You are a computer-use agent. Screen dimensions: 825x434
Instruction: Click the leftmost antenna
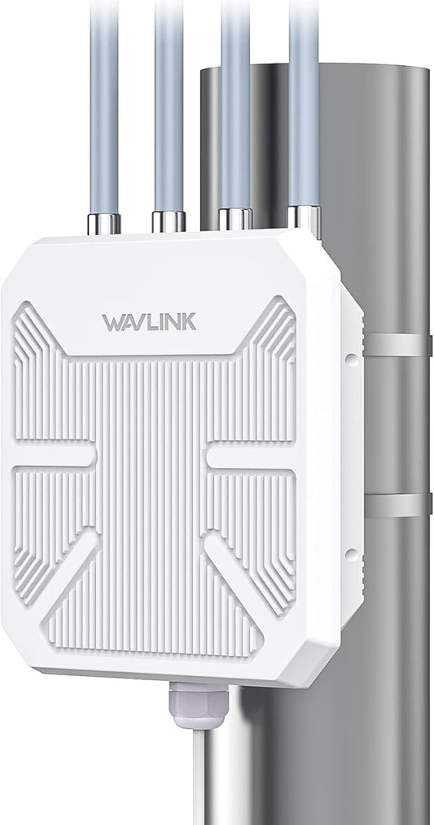104,106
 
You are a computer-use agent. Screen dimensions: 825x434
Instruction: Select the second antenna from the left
169,106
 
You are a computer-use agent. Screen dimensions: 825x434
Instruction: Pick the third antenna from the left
235,106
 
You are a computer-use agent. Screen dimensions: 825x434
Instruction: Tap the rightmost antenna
304,106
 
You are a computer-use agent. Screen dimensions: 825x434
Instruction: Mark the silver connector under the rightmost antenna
304,220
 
